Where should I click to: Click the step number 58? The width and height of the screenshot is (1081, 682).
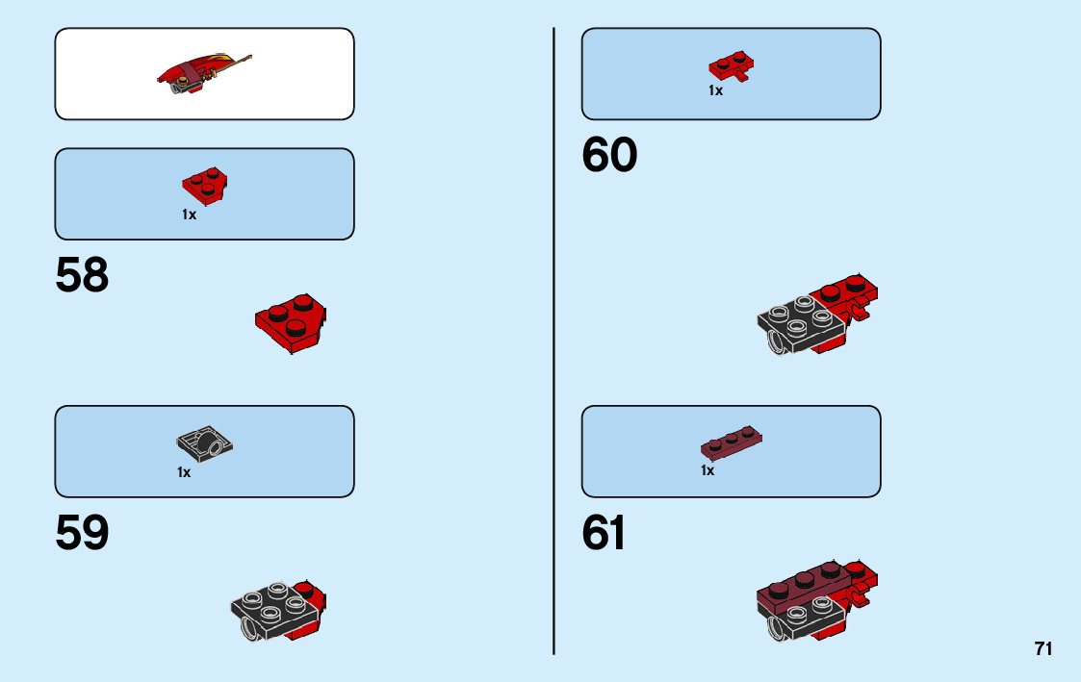82,276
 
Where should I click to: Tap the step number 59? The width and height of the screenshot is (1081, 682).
82,534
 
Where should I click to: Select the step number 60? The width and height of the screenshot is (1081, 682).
609,156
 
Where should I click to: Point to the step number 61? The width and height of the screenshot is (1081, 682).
605,534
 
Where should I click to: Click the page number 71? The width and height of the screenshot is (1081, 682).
1043,649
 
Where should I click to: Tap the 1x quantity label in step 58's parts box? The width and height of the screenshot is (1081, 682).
189,215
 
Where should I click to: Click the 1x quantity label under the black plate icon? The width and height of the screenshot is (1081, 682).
184,472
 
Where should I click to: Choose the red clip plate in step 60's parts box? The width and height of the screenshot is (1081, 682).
732,65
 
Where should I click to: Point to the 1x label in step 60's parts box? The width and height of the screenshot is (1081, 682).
715,91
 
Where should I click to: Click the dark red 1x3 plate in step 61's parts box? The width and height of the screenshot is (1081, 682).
732,443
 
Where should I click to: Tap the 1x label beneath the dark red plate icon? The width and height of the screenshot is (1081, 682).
708,471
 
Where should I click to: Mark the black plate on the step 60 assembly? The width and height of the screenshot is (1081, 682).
799,322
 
